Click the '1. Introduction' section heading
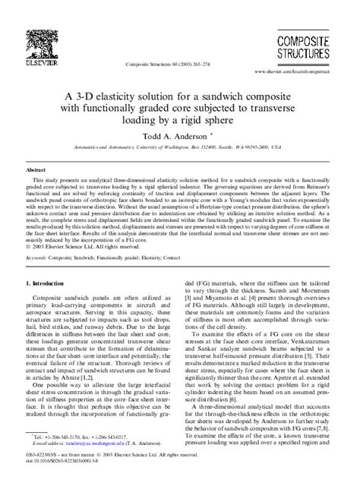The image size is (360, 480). point(47,283)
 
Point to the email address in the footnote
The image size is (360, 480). point(90,446)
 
